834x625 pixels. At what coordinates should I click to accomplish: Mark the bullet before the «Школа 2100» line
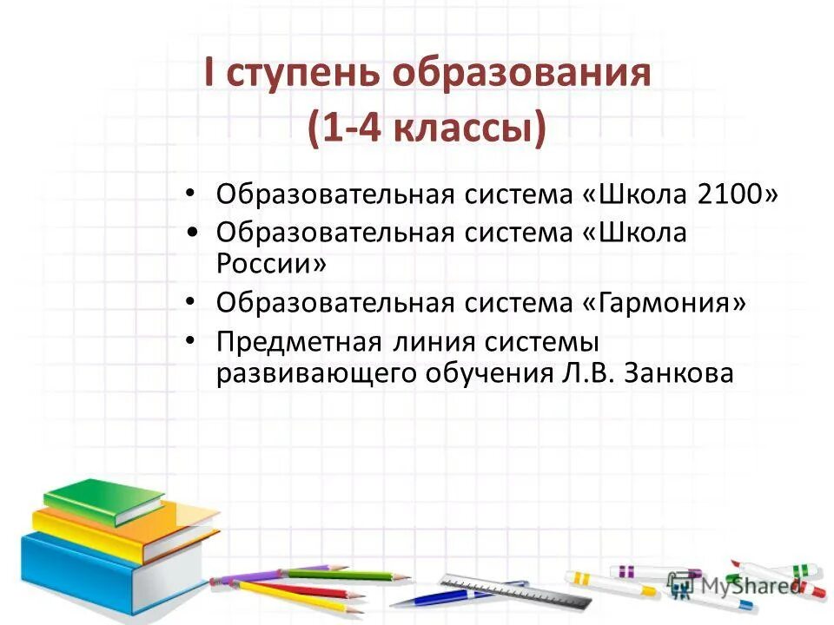tap(192, 192)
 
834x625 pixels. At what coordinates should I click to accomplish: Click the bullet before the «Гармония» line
tap(192, 303)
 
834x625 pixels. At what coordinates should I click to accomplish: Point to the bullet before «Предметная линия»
tap(192, 341)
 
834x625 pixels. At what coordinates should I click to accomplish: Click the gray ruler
tap(504, 590)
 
